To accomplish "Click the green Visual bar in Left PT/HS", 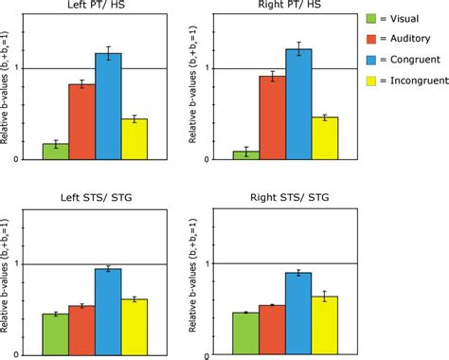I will click(x=55, y=152).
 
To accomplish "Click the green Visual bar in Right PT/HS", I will click(x=246, y=154).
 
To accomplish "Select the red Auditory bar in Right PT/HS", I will click(x=273, y=117).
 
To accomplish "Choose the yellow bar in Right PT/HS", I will click(x=325, y=138).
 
